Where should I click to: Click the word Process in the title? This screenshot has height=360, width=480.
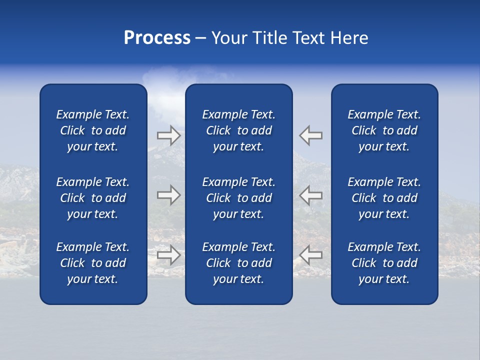[157, 38]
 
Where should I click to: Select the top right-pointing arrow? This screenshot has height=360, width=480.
[168, 135]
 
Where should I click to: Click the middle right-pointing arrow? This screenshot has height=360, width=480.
[168, 195]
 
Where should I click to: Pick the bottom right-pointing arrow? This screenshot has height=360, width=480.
[168, 255]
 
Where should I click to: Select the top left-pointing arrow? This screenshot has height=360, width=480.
[311, 135]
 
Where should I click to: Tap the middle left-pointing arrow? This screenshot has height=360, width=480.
[311, 195]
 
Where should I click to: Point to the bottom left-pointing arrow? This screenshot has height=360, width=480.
[311, 255]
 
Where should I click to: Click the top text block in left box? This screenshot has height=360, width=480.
[93, 130]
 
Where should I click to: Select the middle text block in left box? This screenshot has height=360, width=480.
[93, 198]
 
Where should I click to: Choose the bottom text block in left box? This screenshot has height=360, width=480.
[93, 263]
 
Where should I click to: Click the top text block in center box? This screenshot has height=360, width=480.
[239, 130]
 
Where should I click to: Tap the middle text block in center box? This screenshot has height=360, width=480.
[239, 198]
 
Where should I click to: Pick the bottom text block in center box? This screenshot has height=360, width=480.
[239, 263]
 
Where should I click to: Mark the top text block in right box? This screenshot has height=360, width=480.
[384, 130]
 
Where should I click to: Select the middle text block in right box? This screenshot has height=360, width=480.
[384, 198]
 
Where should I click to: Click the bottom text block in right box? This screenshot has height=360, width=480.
[384, 263]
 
